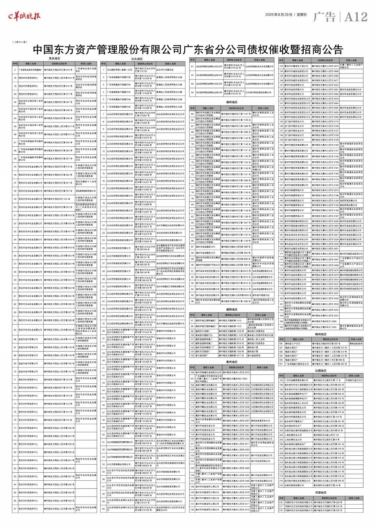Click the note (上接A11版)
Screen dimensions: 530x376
tap(20, 42)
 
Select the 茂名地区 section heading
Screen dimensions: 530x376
tap(54, 58)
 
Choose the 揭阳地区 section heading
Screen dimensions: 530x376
tap(232, 309)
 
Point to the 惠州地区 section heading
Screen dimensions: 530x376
tap(232, 362)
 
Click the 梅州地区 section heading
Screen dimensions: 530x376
tap(321, 334)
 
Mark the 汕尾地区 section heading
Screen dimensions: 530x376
tap(321, 370)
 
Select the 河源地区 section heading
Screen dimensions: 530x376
tap(321, 493)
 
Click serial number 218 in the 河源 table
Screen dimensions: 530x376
tap(281, 511)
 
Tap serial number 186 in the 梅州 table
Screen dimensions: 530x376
tap(281, 344)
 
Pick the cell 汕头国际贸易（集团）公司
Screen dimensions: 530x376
tap(120, 69)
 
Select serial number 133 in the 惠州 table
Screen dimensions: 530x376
tap(281, 66)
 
